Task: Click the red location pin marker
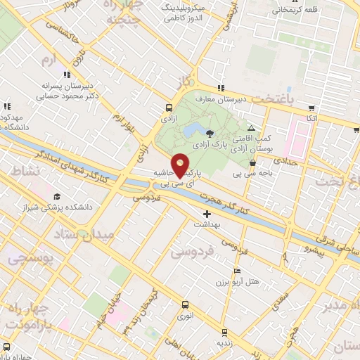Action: click(x=181, y=165)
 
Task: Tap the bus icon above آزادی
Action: click(x=168, y=108)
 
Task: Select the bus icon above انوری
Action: click(x=185, y=304)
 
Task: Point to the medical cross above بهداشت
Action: click(x=207, y=214)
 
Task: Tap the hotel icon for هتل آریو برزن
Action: click(x=237, y=271)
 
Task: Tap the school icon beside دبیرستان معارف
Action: click(x=221, y=89)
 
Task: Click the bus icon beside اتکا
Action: click(x=311, y=108)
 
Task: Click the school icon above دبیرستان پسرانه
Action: click(x=67, y=74)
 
